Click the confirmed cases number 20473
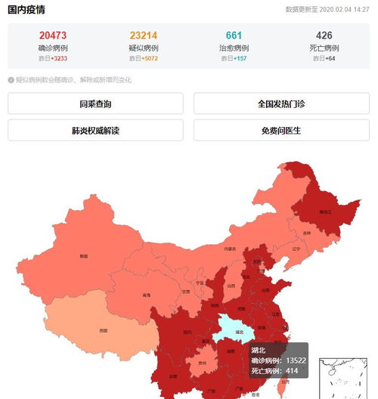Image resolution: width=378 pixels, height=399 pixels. coord(54,36)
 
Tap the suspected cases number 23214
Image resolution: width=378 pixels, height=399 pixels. coord(143,36)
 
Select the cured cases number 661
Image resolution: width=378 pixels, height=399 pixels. coord(234,36)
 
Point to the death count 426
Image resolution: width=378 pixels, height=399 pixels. coord(324,36)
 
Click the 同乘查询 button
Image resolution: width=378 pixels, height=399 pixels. coord(95,104)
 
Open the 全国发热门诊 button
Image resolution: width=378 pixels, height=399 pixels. coord(281,104)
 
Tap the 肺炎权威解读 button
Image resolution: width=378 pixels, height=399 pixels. coord(95,130)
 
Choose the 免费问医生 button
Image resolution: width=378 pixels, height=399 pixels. coord(281,130)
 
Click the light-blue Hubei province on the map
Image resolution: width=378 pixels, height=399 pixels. coord(237,329)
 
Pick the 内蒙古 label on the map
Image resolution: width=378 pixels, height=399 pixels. coord(230,249)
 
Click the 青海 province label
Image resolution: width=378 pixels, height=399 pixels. coord(145,295)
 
